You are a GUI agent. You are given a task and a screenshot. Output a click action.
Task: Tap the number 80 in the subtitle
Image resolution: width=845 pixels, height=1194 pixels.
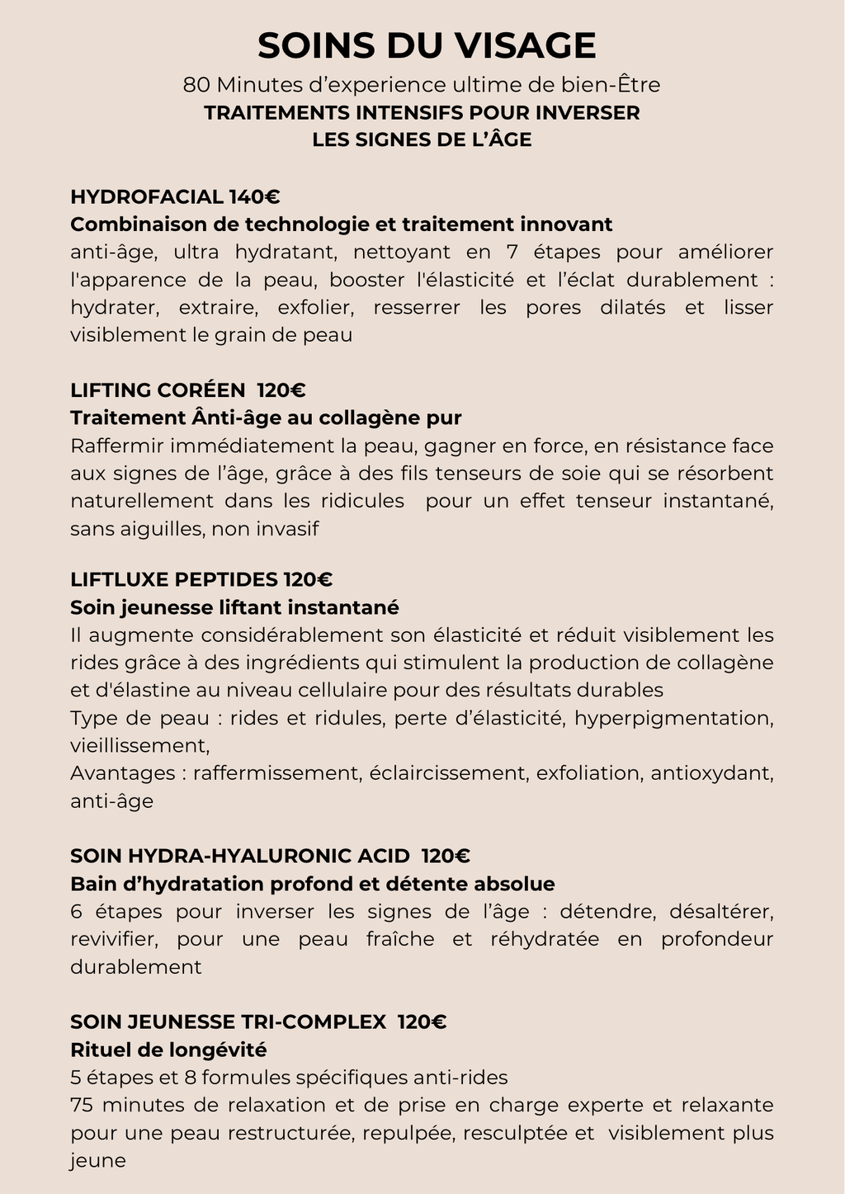196,85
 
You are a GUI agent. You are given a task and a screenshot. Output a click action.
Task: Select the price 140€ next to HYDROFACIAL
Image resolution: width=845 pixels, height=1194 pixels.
255,196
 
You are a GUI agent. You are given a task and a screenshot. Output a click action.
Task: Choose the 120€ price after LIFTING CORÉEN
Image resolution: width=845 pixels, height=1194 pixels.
281,390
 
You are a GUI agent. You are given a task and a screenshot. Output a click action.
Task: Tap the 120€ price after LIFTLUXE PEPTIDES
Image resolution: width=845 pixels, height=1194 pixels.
308,579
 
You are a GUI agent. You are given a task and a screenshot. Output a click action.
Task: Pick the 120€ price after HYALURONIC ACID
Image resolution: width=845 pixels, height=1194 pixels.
446,856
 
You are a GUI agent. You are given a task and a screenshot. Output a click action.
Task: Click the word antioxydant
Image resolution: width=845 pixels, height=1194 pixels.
711,773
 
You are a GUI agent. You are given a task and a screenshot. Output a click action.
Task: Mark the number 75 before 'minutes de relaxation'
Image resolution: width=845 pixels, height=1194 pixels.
83,1105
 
